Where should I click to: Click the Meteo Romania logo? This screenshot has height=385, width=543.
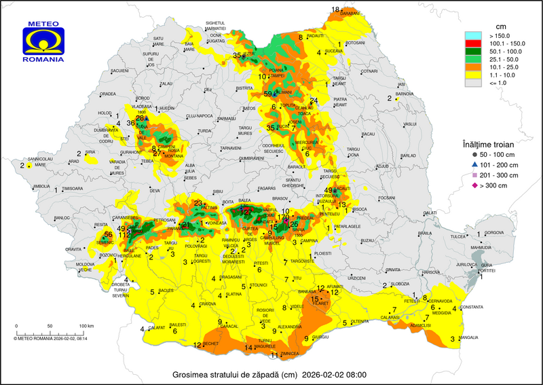(43, 42)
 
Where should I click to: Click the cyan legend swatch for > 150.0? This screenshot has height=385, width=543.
(472, 35)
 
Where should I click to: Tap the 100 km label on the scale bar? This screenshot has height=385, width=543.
(85, 326)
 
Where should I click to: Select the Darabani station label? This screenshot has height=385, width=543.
(349, 13)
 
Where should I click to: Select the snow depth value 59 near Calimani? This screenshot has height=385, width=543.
(268, 94)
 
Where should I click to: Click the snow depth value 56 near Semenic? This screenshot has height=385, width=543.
(108, 235)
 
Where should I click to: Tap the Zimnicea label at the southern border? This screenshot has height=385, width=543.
(290, 354)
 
